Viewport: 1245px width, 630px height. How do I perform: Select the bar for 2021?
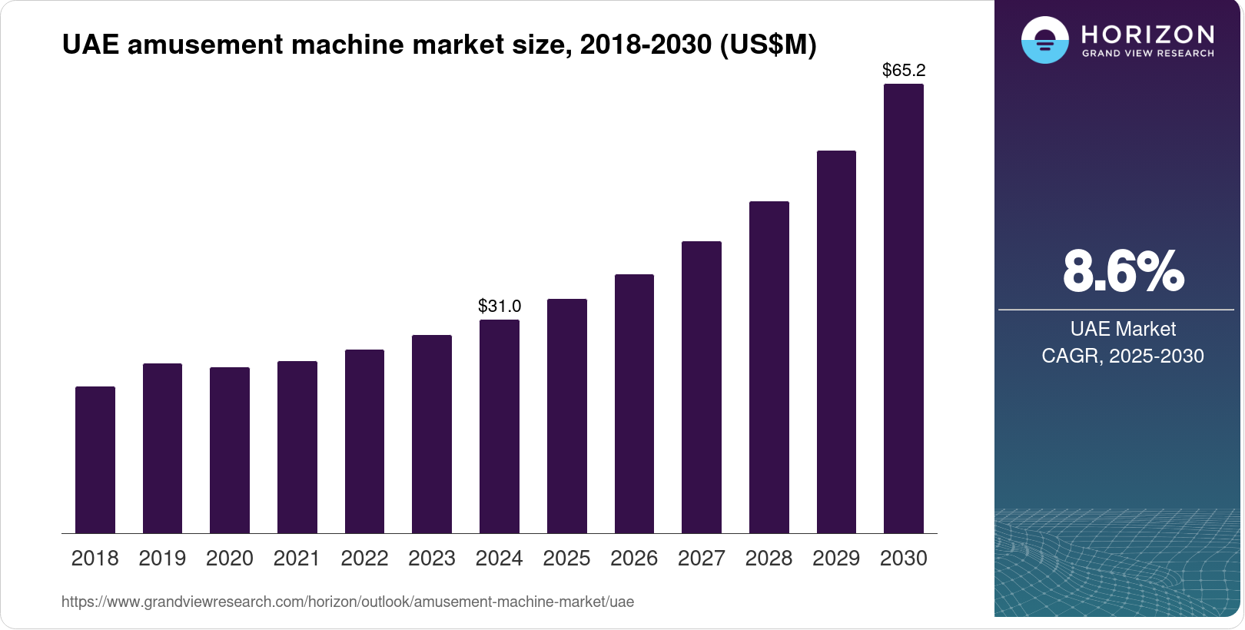[297, 447]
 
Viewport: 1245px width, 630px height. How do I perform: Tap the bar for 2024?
[500, 426]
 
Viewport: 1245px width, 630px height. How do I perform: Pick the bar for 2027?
[702, 387]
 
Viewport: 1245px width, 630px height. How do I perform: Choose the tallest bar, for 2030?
[904, 308]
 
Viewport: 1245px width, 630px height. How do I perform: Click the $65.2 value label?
[904, 71]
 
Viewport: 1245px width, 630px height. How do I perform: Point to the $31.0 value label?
[500, 307]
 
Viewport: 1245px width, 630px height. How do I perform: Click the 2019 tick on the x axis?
[162, 559]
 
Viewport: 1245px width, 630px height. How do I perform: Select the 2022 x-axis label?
[364, 559]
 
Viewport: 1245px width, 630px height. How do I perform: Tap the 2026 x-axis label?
[634, 559]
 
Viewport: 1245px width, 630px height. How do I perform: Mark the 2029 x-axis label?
[836, 559]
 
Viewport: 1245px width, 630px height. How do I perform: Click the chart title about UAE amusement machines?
[439, 45]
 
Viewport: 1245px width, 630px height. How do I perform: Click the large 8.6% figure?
[1123, 271]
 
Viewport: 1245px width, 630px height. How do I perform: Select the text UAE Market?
[1123, 330]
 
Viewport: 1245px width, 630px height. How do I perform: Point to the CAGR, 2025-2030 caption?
[1123, 356]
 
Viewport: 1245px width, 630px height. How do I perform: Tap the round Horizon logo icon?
[1044, 40]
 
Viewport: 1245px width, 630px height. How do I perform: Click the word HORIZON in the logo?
[1148, 34]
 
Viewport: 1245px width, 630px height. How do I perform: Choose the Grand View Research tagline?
[1148, 54]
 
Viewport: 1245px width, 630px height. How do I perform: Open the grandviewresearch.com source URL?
[347, 602]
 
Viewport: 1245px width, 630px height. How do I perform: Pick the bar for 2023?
[432, 434]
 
